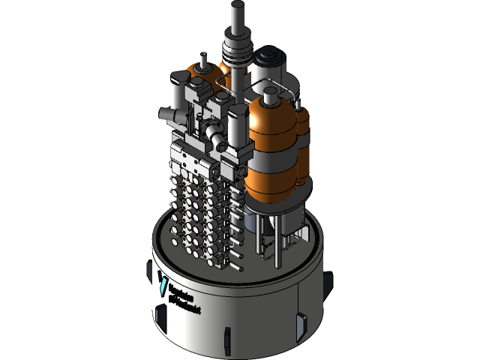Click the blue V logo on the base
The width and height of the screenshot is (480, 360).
coord(164,285)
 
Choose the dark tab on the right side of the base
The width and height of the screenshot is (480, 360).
coord(301,324)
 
